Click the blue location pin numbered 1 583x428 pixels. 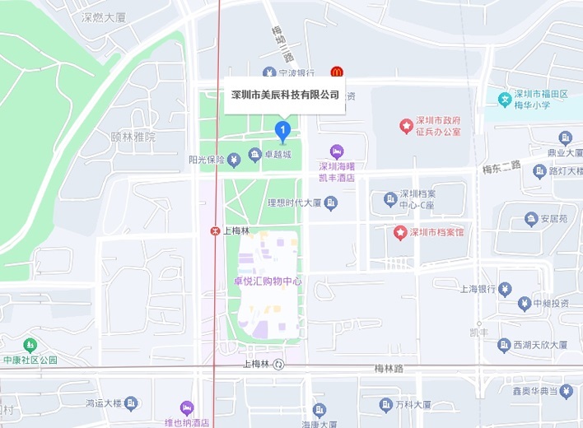[x=282, y=129]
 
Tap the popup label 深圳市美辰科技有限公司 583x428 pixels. [x=284, y=95]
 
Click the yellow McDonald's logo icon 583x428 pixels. [x=336, y=72]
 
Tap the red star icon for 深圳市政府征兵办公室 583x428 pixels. [x=406, y=125]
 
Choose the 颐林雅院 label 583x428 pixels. [x=133, y=137]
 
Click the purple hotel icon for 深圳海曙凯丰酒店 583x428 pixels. [x=336, y=151]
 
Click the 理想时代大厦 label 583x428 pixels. [x=293, y=202]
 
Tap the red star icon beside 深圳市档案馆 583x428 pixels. [x=400, y=232]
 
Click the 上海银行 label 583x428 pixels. [x=477, y=289]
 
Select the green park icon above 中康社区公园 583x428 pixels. [x=30, y=344]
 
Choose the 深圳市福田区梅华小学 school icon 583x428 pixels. [x=504, y=100]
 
